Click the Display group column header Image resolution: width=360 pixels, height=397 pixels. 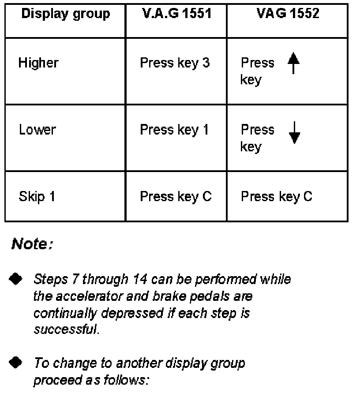point(65,14)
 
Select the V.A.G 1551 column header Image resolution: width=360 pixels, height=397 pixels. point(176,14)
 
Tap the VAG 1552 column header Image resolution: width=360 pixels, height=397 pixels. point(288,14)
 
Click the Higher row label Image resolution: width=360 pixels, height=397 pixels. point(38,63)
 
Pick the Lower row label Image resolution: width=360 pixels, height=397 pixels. point(37,130)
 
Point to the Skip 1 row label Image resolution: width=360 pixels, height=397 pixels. point(37,196)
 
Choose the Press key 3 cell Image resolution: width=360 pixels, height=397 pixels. point(175,63)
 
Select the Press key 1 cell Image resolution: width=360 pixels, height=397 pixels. point(174,130)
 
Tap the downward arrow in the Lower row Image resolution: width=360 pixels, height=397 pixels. point(294,132)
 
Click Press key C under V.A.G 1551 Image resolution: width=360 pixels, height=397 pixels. point(176,196)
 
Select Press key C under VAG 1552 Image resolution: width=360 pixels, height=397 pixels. point(277,196)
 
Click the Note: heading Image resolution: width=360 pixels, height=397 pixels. point(32,243)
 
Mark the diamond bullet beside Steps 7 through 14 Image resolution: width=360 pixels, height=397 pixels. point(16,279)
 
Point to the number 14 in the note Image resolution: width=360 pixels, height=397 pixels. point(136,279)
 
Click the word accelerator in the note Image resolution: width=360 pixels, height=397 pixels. point(81,296)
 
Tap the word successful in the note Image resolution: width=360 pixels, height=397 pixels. point(66,330)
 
